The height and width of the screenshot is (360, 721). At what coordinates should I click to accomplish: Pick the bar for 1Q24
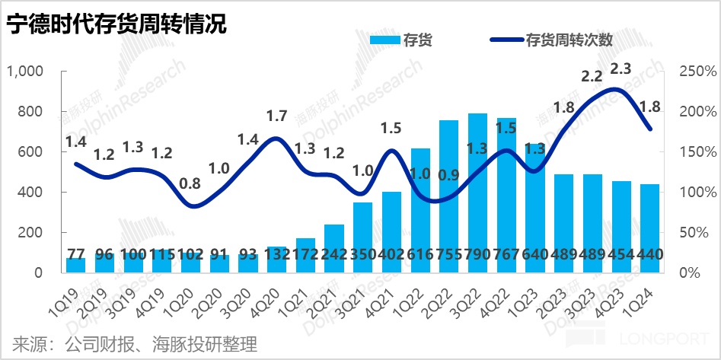649,228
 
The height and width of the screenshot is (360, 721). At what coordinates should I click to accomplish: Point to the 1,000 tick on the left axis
27,72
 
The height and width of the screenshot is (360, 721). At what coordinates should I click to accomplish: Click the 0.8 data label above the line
191,183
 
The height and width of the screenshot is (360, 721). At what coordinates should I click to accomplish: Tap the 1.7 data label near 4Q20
276,116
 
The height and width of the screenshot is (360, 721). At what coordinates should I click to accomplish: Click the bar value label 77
75,254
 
